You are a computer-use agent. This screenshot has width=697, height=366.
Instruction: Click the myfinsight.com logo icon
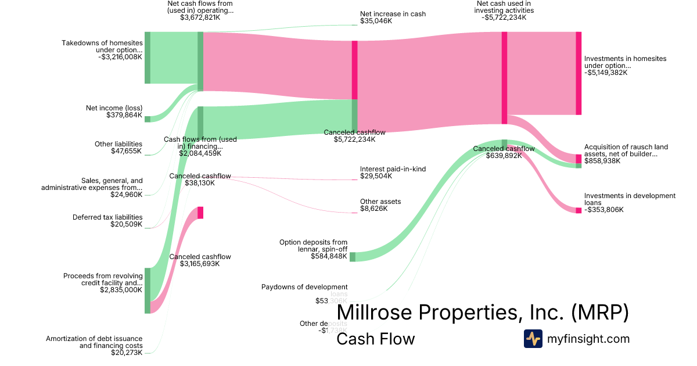533,339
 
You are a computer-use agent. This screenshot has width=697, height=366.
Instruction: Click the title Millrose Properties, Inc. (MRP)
483,313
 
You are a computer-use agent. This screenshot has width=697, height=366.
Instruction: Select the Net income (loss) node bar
148,119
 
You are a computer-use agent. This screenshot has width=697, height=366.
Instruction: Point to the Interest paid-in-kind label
393,173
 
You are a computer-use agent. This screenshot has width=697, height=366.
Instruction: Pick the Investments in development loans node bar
579,210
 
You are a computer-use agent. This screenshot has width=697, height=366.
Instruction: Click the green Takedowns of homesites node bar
148,58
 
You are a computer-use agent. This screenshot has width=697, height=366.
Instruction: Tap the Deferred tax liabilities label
107,221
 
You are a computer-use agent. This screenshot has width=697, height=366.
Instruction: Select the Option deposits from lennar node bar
353,257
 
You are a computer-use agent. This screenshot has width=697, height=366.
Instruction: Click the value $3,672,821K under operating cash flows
200,18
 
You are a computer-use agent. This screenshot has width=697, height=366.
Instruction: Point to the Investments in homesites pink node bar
579,73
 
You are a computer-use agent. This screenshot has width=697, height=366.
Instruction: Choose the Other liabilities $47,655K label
118,148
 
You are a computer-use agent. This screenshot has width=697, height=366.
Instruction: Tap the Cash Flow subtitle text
375,339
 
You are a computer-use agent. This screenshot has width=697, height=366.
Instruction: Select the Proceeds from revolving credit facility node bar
148,290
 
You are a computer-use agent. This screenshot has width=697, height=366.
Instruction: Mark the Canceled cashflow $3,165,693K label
200,260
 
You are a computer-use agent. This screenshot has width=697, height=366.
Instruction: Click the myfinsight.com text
588,339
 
